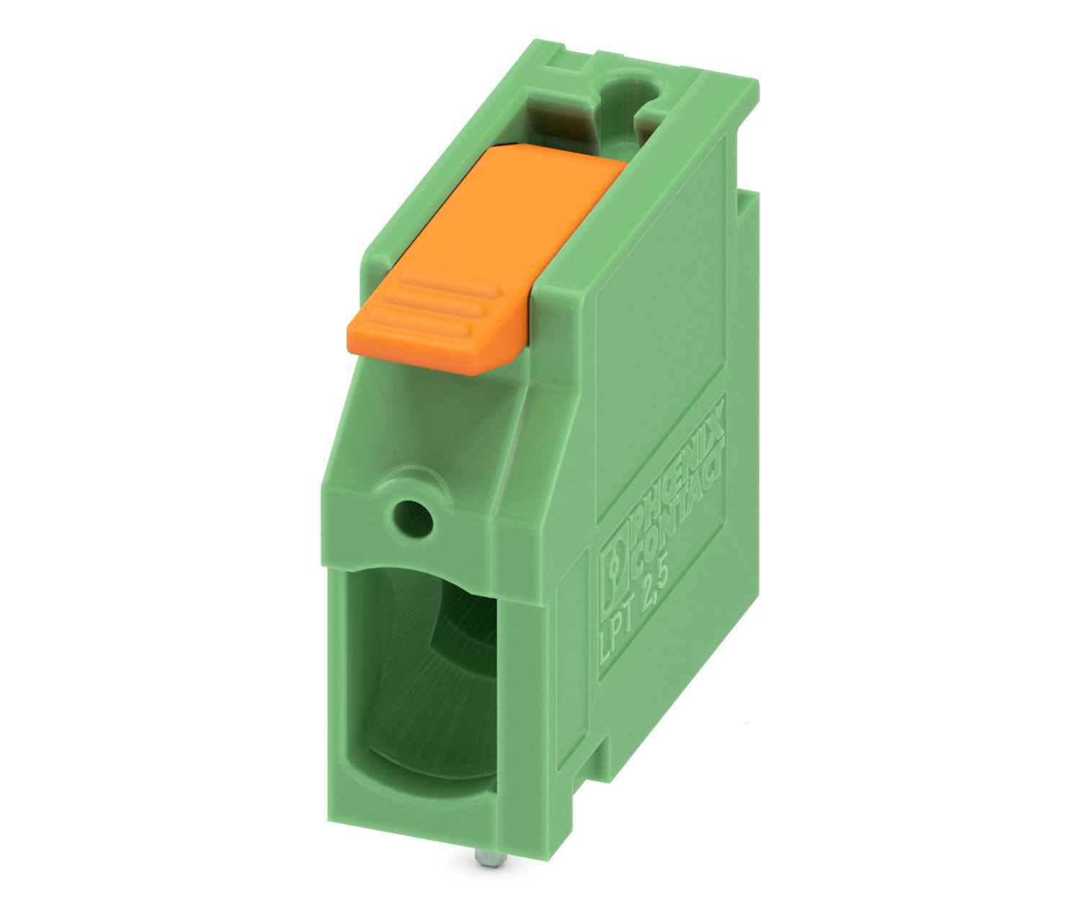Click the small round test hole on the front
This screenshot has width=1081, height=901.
413,518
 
